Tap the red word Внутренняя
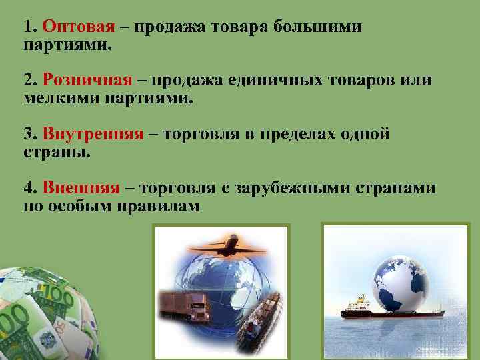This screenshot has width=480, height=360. click(x=93, y=134)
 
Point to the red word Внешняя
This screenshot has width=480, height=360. click(x=81, y=188)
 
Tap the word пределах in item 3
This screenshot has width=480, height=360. click(x=303, y=134)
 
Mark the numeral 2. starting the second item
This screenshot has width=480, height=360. click(x=30, y=81)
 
